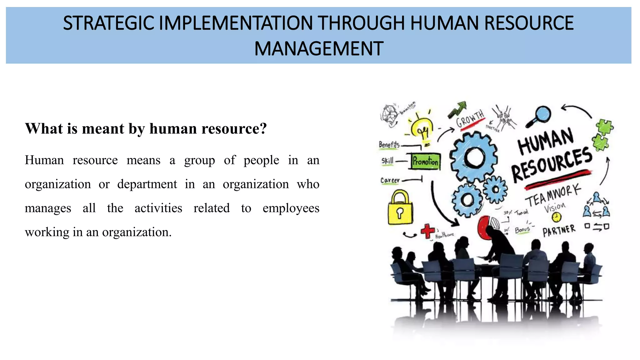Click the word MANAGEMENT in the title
pos(319,49)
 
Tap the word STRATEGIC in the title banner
pos(108,23)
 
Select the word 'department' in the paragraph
pos(147,184)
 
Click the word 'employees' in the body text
pos(291,208)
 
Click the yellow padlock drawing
pos(400,208)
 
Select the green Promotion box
pos(425,161)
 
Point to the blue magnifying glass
pos(539,116)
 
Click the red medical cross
pos(427,231)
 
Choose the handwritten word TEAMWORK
pos(553,196)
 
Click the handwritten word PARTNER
pos(559,231)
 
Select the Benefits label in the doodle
pos(389,144)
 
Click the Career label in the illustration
pos(390,180)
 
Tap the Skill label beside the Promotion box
pos(387,161)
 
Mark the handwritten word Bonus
pos(522,230)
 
